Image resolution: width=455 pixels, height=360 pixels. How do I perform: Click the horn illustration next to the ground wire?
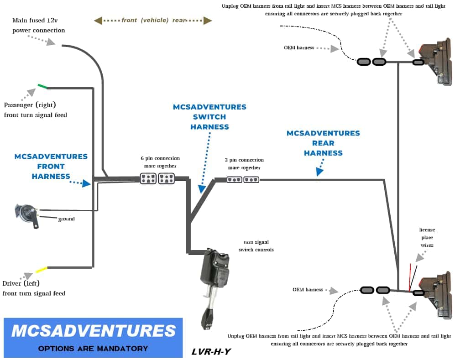[x=26, y=214]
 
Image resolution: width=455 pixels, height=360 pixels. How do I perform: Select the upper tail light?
[x=437, y=63]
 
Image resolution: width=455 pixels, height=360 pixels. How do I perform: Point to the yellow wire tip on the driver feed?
[x=42, y=269]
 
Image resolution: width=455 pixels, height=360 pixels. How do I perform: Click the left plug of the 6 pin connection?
[x=148, y=179]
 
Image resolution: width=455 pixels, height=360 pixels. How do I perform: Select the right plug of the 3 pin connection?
[x=251, y=180]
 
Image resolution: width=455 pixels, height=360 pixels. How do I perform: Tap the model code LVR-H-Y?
[x=211, y=352]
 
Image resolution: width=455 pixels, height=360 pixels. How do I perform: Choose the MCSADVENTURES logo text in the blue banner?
[x=93, y=331]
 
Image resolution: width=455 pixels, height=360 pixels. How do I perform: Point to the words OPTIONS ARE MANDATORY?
[x=93, y=348]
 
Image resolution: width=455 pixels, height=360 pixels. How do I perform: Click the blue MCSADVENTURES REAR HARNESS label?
[x=323, y=143]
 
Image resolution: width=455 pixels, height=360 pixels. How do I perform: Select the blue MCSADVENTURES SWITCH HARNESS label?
[x=209, y=117]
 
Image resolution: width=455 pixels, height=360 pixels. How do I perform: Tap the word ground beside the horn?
[x=66, y=219]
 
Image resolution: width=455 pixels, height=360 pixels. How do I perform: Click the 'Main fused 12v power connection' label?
[x=39, y=26]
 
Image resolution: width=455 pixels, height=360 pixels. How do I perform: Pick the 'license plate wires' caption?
[x=427, y=237]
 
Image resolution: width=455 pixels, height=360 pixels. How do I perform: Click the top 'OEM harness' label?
[x=299, y=47]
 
